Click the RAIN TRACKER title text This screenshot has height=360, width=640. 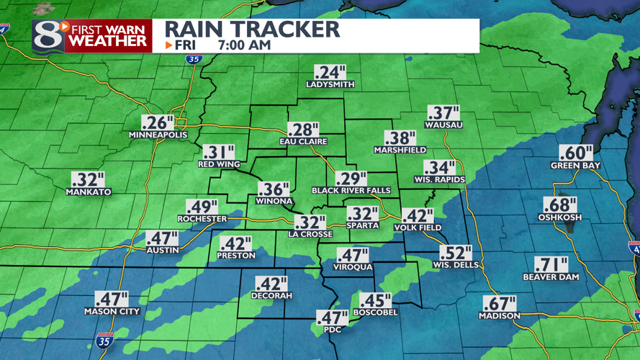point(252,29)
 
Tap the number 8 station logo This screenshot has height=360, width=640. point(48,36)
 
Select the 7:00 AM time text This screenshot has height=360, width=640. point(244,45)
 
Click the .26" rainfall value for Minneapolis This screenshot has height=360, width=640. point(158,122)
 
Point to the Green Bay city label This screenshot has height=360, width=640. point(576,166)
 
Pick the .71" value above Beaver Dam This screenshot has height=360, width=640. point(551,264)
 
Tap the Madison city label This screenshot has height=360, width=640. point(499,316)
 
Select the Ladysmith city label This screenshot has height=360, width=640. point(330,84)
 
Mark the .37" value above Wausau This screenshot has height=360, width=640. point(443,113)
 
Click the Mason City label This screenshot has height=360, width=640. point(112,312)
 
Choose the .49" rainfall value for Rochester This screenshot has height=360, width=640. point(203,207)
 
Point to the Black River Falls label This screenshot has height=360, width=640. point(351,191)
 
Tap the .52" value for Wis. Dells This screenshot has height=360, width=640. point(455,253)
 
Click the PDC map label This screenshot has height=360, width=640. point(332,329)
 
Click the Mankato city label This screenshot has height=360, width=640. point(89,192)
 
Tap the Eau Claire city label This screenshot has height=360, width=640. point(303,141)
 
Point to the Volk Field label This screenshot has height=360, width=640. point(418,228)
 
